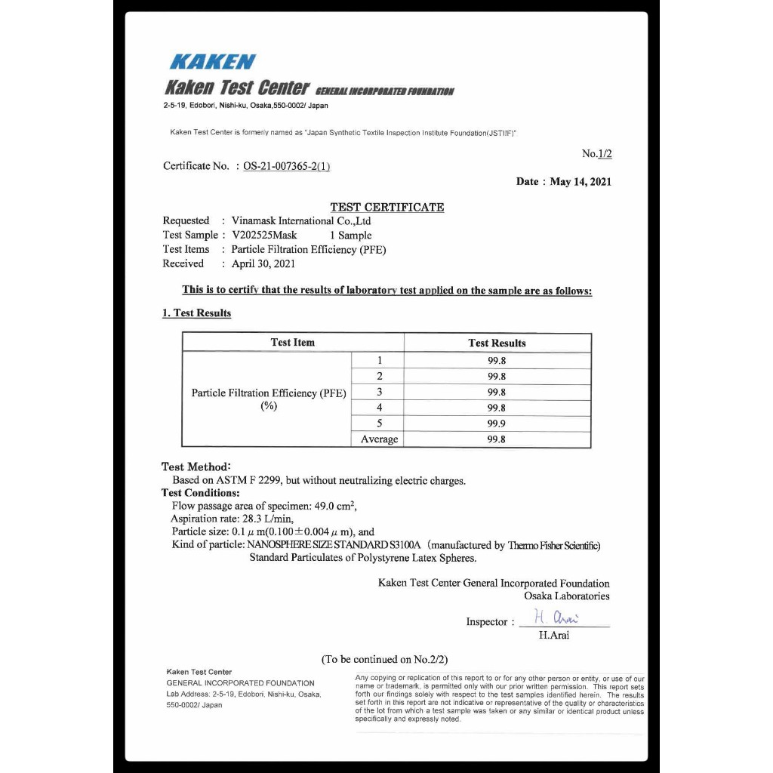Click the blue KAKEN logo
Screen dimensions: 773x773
(x=213, y=62)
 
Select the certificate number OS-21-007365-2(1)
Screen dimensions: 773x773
(x=287, y=166)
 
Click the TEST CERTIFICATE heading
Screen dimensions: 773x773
(x=387, y=207)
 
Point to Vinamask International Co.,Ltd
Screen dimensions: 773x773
(x=301, y=221)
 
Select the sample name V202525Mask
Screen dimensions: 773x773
(x=264, y=235)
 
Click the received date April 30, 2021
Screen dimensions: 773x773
(x=263, y=263)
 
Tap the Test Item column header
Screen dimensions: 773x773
(x=293, y=343)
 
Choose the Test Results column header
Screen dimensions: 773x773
(x=497, y=343)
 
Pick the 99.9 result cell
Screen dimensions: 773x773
(x=497, y=423)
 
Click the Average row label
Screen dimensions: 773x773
(x=379, y=439)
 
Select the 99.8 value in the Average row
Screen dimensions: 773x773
(x=497, y=439)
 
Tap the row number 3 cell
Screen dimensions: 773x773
(x=379, y=392)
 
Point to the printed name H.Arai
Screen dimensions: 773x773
(x=554, y=635)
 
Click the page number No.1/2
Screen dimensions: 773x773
(x=597, y=153)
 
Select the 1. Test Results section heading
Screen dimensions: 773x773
(x=196, y=313)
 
